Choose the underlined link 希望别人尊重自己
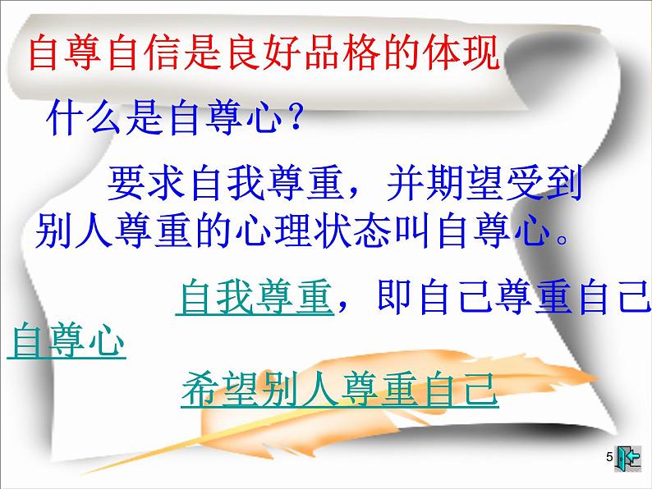point(339,389)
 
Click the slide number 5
point(608,457)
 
